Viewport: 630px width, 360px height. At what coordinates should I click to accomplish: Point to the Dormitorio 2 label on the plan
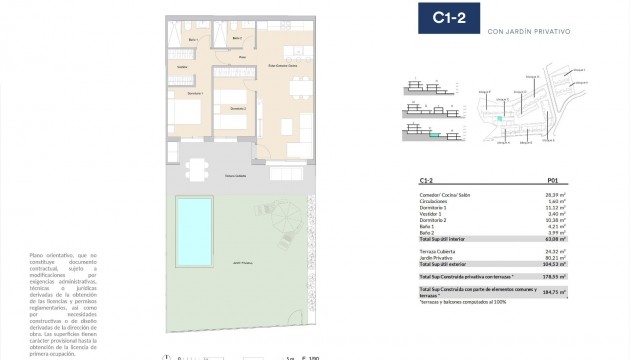point(237,107)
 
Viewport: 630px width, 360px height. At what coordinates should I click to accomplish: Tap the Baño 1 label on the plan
point(193,39)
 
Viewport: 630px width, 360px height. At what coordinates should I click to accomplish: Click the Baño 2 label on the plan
point(237,39)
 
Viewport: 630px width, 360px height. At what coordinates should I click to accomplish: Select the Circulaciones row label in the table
point(436,201)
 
